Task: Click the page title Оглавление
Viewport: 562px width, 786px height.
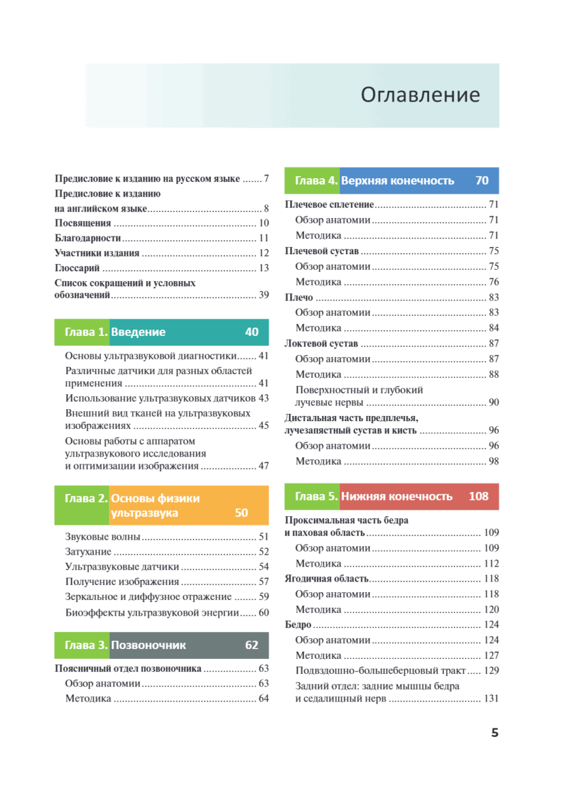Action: point(420,95)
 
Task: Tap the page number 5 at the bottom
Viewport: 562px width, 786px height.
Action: point(495,732)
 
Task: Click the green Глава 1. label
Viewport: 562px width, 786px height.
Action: point(81,332)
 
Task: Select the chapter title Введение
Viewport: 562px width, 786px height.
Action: point(138,332)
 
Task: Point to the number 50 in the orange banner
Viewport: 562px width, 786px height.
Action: point(241,513)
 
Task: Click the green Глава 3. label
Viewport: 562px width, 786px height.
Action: point(81,645)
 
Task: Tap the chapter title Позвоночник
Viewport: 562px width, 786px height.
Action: point(149,645)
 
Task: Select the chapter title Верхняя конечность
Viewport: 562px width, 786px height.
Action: point(398,180)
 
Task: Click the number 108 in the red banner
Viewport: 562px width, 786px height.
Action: point(478,496)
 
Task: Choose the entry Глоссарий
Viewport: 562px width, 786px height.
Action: point(77,268)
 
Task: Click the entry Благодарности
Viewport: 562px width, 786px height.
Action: point(88,238)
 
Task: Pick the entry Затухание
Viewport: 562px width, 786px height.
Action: point(88,552)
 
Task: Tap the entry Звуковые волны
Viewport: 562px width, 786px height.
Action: point(103,537)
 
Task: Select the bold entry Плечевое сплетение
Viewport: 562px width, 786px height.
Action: point(329,205)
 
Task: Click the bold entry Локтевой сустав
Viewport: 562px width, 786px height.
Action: point(322,344)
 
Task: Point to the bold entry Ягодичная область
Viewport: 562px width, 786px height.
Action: point(327,579)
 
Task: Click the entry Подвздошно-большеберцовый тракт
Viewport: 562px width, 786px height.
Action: point(381,671)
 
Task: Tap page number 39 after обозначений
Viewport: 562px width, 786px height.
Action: point(263,295)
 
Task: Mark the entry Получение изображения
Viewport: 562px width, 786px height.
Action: point(122,582)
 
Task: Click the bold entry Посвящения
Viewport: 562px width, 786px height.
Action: point(83,223)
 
